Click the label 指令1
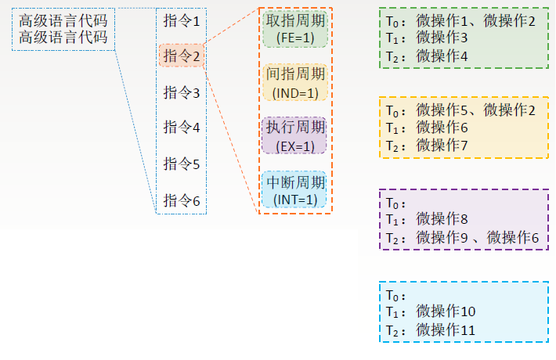click(182, 21)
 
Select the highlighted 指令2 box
click(182, 56)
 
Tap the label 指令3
click(182, 92)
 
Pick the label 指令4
click(182, 127)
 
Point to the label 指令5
click(182, 164)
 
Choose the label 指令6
click(182, 200)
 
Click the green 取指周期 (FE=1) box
click(296, 28)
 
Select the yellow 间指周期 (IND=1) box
click(296, 82)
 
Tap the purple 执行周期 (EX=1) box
click(296, 135)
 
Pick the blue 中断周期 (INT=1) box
click(296, 189)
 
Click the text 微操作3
click(442, 38)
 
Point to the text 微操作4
click(442, 56)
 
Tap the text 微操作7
click(442, 145)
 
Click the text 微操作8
click(442, 219)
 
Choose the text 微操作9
click(442, 237)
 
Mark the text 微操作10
click(446, 311)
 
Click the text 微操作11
click(446, 329)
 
